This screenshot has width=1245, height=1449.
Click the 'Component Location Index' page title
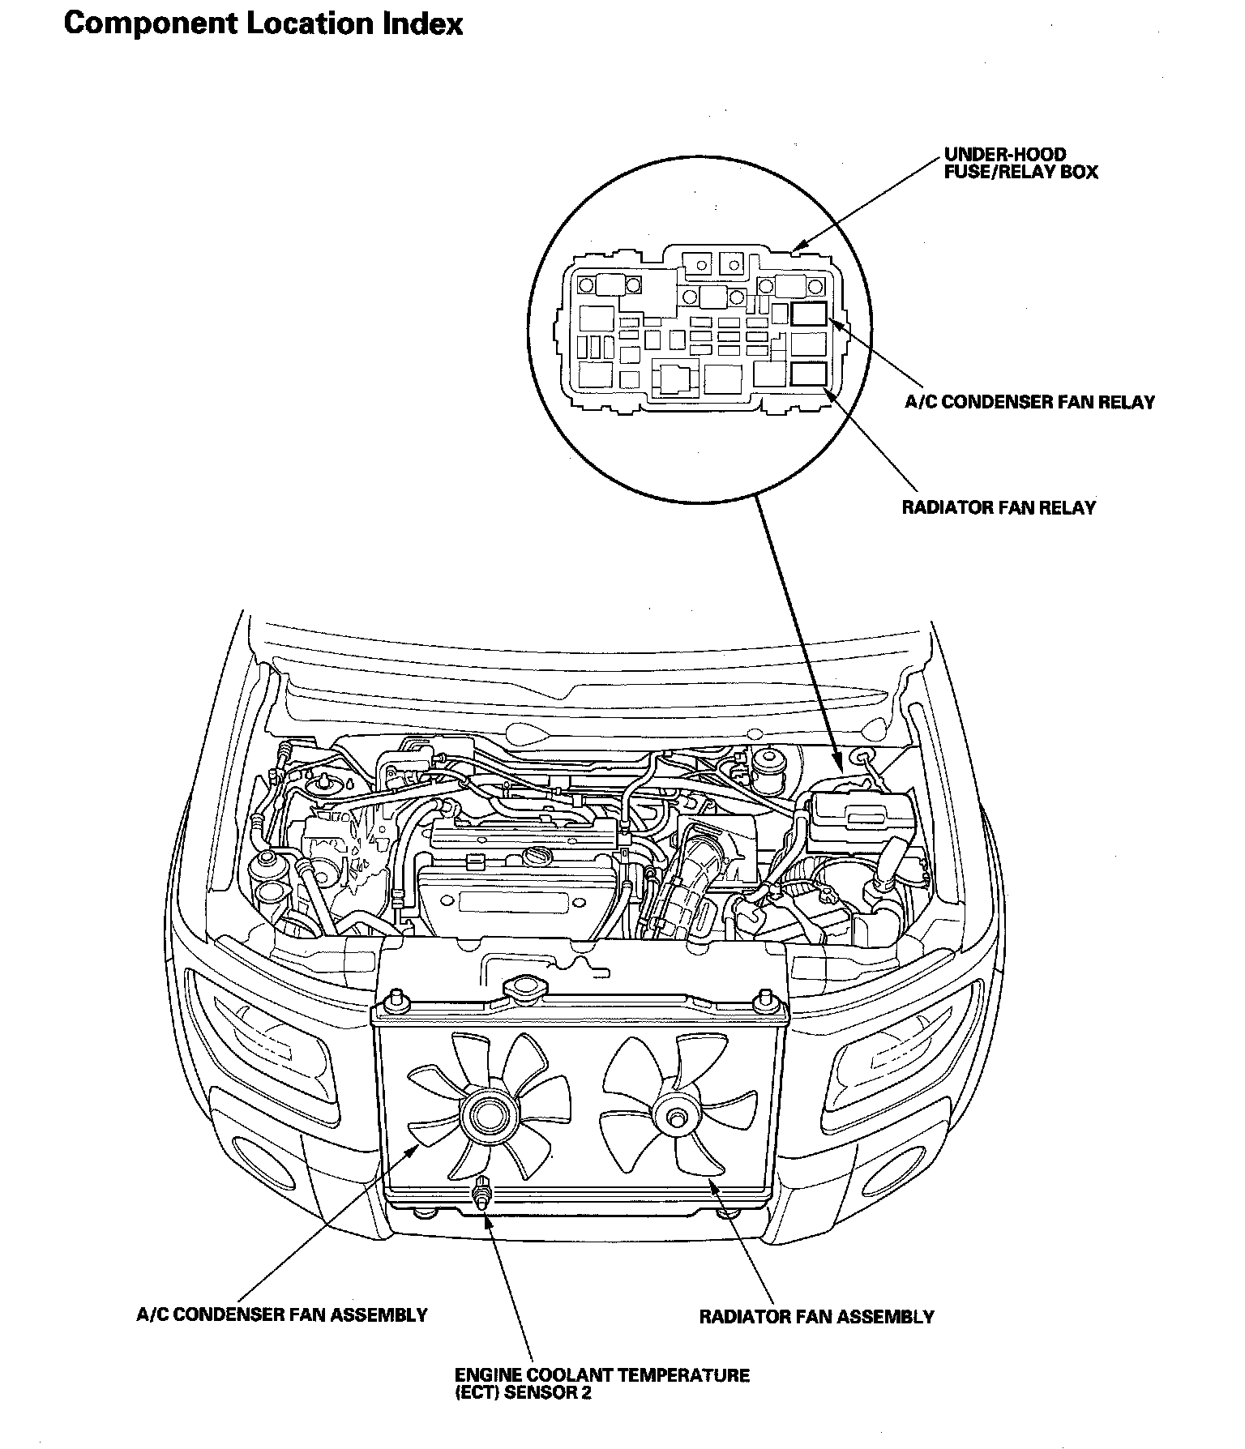click(263, 24)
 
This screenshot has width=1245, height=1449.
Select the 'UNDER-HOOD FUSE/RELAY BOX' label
click(1020, 163)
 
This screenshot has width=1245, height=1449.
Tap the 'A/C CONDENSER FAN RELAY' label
click(1029, 402)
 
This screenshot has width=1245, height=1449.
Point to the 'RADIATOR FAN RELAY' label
click(999, 508)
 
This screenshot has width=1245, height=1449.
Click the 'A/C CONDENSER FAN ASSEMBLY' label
click(281, 1314)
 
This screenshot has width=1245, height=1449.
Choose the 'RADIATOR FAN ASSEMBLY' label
click(816, 1317)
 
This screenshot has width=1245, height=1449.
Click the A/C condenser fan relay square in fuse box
click(809, 314)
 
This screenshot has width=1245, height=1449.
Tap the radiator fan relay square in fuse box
click(809, 374)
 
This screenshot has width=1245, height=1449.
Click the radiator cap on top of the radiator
click(526, 989)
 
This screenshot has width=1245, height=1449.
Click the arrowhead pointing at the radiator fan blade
click(713, 1185)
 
